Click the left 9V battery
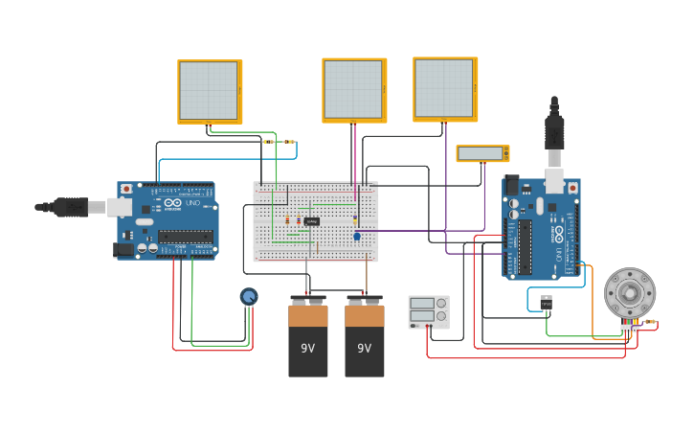(308, 339)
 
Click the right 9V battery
(365, 339)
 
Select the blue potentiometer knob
(249, 297)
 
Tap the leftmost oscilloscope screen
(209, 91)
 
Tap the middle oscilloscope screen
(353, 89)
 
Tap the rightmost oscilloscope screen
(444, 88)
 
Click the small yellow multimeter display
(481, 153)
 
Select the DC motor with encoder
(629, 293)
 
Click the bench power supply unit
(428, 311)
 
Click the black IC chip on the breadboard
(312, 221)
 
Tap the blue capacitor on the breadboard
(356, 236)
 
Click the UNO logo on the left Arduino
(183, 203)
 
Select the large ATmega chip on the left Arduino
(186, 236)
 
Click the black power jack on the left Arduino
(123, 250)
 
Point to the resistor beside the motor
(650, 322)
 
